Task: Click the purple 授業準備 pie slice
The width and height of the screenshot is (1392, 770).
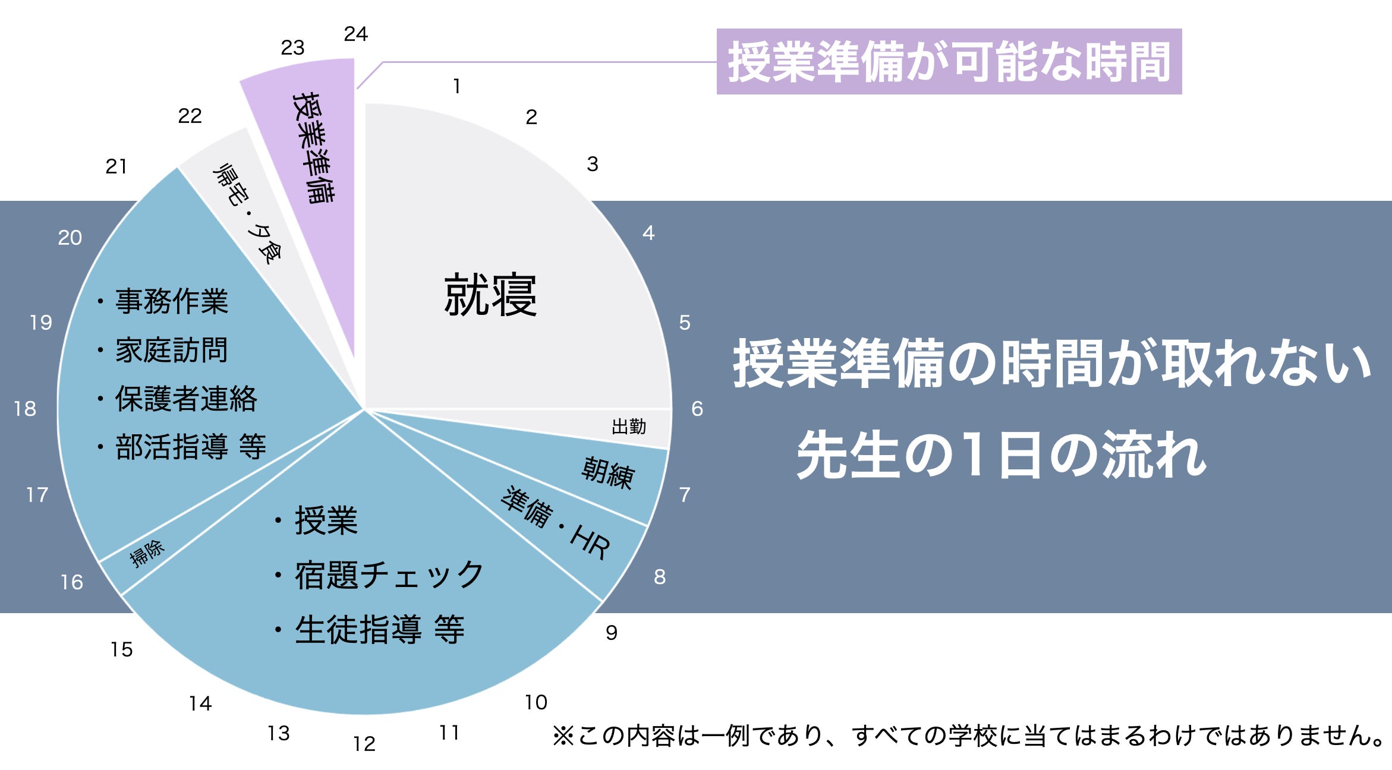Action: click(x=312, y=149)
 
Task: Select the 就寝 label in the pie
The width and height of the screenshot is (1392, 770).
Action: click(x=490, y=295)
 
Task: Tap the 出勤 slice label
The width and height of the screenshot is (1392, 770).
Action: click(x=629, y=427)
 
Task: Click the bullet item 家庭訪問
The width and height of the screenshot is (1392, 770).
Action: click(x=171, y=350)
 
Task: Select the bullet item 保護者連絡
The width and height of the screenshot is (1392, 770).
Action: click(x=185, y=399)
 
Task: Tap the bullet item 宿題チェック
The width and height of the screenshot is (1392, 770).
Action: click(x=389, y=575)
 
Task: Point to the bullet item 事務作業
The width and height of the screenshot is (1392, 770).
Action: click(x=171, y=301)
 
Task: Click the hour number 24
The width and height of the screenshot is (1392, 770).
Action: click(x=355, y=34)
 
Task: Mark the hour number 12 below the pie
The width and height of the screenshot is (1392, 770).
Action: click(x=364, y=744)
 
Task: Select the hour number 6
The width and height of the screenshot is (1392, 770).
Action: click(x=697, y=409)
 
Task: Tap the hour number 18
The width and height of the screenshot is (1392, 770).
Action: click(x=25, y=409)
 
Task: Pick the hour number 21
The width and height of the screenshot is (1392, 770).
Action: click(x=116, y=166)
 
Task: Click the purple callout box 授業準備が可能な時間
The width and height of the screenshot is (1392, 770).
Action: click(x=949, y=62)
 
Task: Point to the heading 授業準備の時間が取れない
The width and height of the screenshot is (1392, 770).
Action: click(x=1052, y=363)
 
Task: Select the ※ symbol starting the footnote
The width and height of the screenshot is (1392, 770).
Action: click(x=563, y=736)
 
